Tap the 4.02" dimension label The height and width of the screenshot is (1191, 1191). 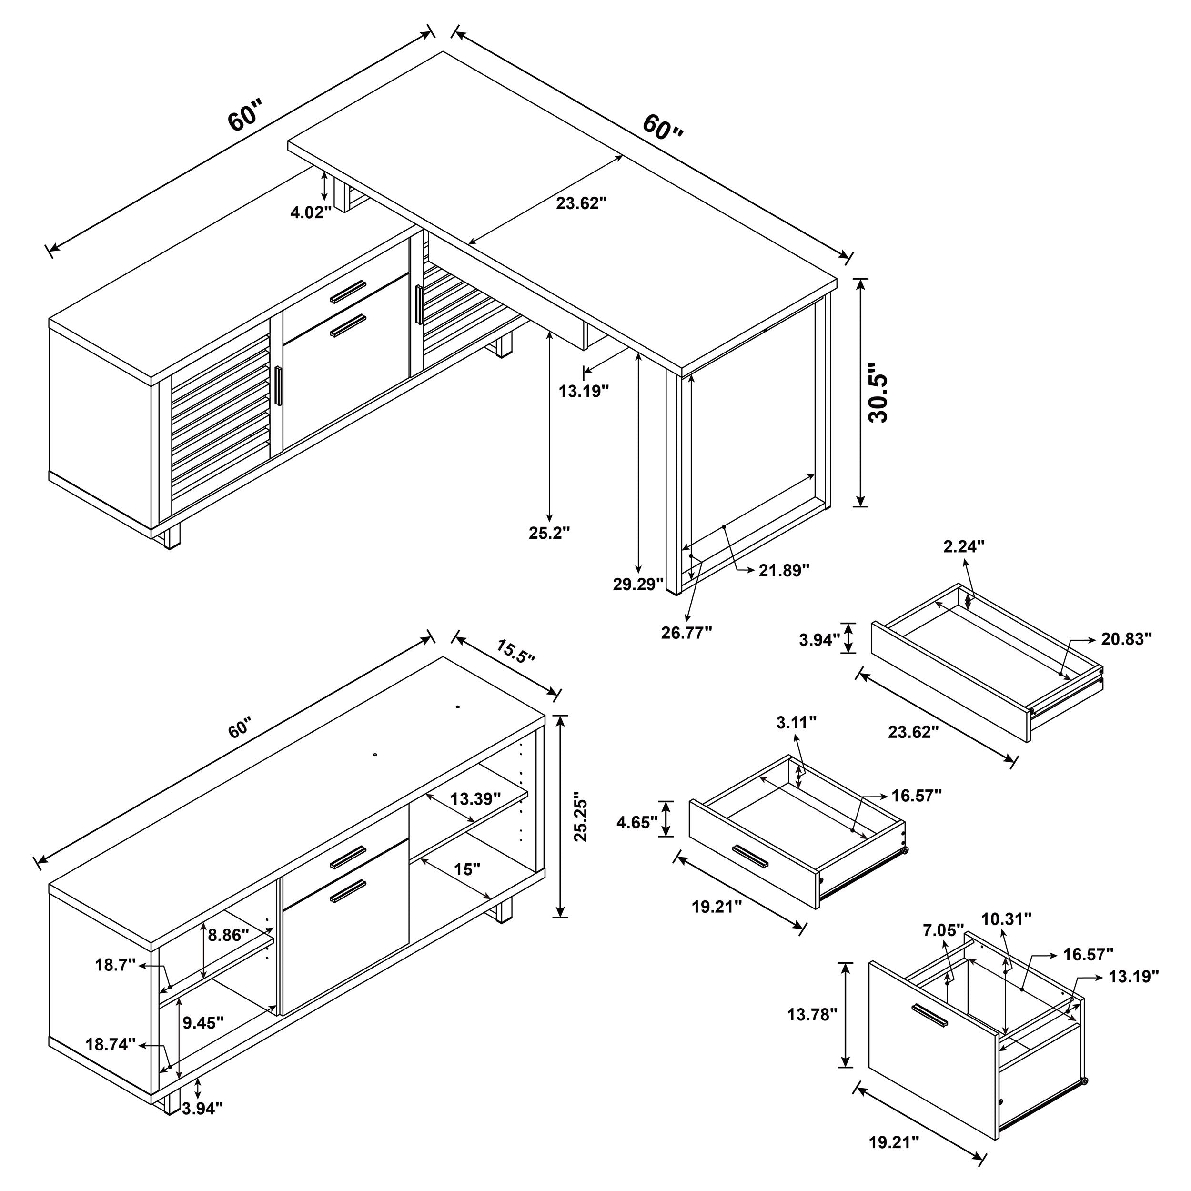(311, 212)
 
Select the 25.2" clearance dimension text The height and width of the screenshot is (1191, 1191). (549, 533)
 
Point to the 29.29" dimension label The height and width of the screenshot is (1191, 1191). (637, 584)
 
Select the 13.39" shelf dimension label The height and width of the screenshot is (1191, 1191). (474, 799)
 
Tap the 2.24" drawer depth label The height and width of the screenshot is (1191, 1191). (964, 546)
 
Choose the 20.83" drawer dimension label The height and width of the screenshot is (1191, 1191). (1126, 639)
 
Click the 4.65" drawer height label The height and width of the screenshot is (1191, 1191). (637, 822)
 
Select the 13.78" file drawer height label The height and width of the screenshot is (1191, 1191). (812, 1014)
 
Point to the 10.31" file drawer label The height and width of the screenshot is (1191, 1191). (1006, 937)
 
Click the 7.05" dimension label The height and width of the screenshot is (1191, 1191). (943, 946)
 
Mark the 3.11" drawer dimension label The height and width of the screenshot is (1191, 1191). (797, 723)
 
